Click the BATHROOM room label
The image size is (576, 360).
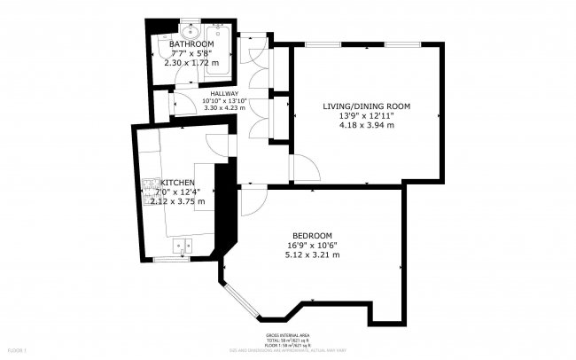click(x=191, y=43)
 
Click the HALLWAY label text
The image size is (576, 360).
click(x=223, y=93)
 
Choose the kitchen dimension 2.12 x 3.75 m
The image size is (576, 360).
click(x=177, y=201)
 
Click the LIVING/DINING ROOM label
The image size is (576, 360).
click(x=366, y=106)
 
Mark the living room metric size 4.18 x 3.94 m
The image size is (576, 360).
click(x=366, y=126)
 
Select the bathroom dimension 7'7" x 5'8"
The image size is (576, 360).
click(x=191, y=53)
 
